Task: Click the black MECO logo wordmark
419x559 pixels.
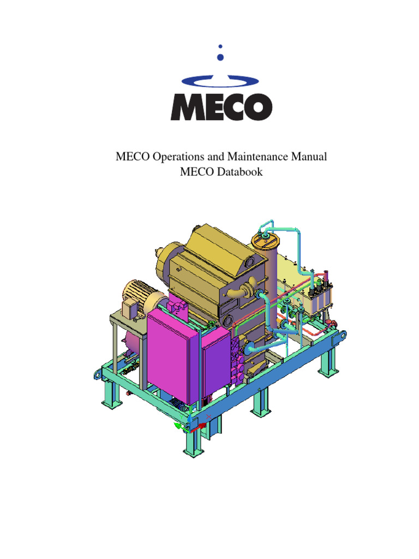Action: pos(222,107)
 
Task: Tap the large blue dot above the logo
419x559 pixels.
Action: pos(220,57)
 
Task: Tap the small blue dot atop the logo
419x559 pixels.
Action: pos(220,46)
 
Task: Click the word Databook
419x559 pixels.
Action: pos(240,172)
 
